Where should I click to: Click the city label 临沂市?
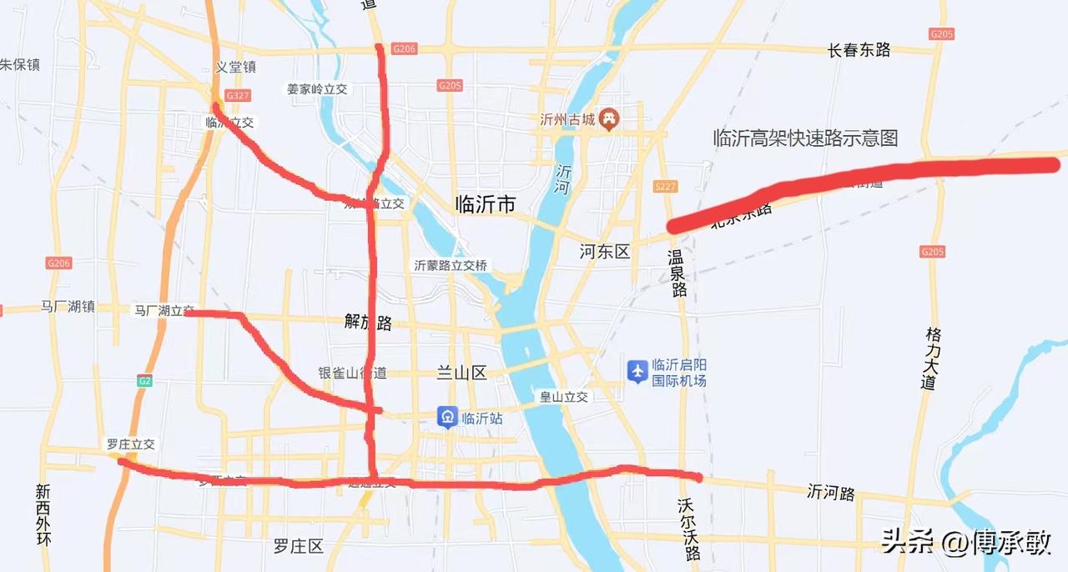coord(485,203)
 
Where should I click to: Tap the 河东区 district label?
coord(605,251)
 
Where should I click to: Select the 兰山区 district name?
coord(461,373)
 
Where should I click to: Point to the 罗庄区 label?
coord(298,547)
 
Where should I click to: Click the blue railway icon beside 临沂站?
coord(447,418)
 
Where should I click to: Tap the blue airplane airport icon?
coord(637,371)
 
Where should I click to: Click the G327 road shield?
coord(238,96)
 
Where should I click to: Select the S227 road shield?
coord(666,187)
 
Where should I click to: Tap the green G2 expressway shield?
coord(145,381)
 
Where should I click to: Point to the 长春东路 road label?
coord(859,50)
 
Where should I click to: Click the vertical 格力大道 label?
coord(932,359)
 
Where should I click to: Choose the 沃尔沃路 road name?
coord(690,530)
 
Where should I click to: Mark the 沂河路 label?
coord(831,493)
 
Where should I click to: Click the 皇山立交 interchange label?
coord(563,397)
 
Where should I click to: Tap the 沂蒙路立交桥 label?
coord(451,265)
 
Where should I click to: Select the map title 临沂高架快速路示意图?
coord(805,138)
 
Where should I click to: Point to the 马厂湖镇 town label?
coord(68,307)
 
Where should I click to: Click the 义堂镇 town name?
coord(235,68)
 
